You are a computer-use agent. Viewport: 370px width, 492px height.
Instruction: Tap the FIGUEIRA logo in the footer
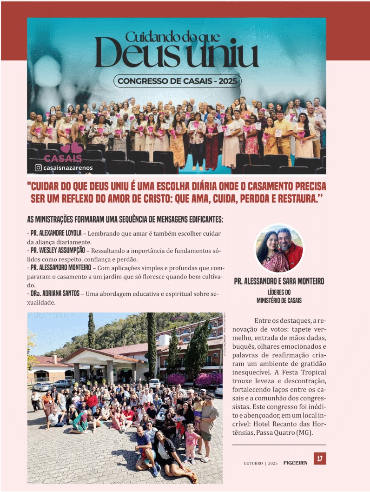click(295, 463)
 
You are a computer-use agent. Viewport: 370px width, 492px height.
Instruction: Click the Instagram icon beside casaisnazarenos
click(38, 168)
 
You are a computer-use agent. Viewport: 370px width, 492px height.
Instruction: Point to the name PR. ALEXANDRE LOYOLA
click(56, 233)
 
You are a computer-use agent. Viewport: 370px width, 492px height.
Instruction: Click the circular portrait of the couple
click(279, 248)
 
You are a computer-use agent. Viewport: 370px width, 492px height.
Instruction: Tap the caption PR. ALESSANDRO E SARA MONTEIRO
click(279, 281)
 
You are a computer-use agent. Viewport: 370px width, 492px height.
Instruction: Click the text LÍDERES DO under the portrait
click(279, 292)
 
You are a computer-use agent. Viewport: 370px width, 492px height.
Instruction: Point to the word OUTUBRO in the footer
click(253, 463)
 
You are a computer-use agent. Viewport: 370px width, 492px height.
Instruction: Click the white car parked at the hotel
click(42, 386)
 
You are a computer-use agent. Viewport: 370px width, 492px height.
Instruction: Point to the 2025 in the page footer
click(273, 463)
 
